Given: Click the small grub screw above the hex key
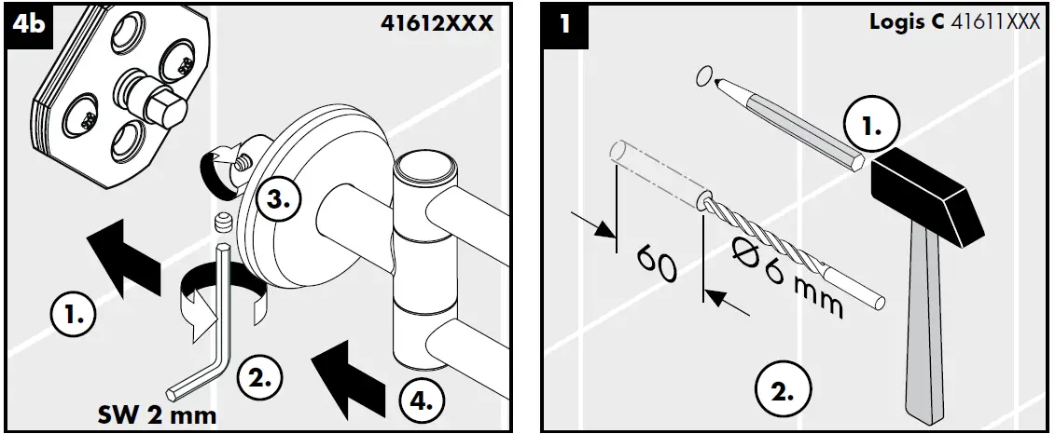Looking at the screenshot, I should coord(222,223).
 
